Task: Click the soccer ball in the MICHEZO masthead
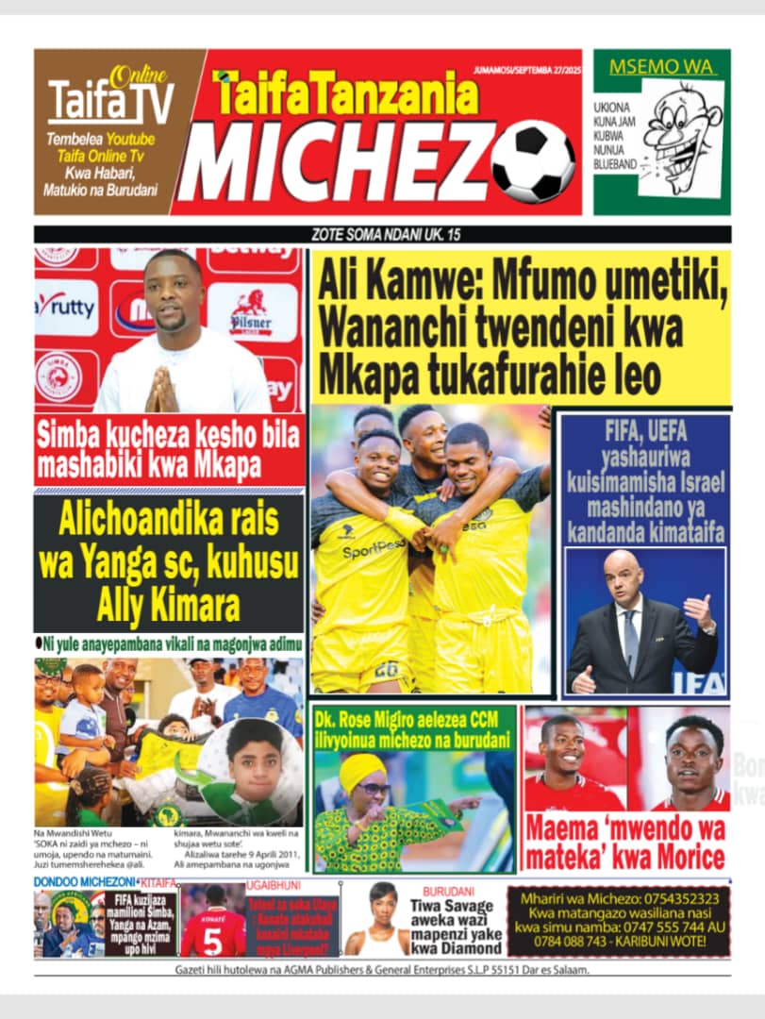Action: [531, 161]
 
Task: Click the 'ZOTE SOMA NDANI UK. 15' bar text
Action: [382, 235]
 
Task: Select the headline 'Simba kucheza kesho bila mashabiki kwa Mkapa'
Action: [170, 450]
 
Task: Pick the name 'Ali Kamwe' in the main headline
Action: [395, 283]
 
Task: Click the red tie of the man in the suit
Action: [630, 641]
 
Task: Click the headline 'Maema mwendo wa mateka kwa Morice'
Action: [626, 844]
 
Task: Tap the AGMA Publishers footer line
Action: [382, 970]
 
